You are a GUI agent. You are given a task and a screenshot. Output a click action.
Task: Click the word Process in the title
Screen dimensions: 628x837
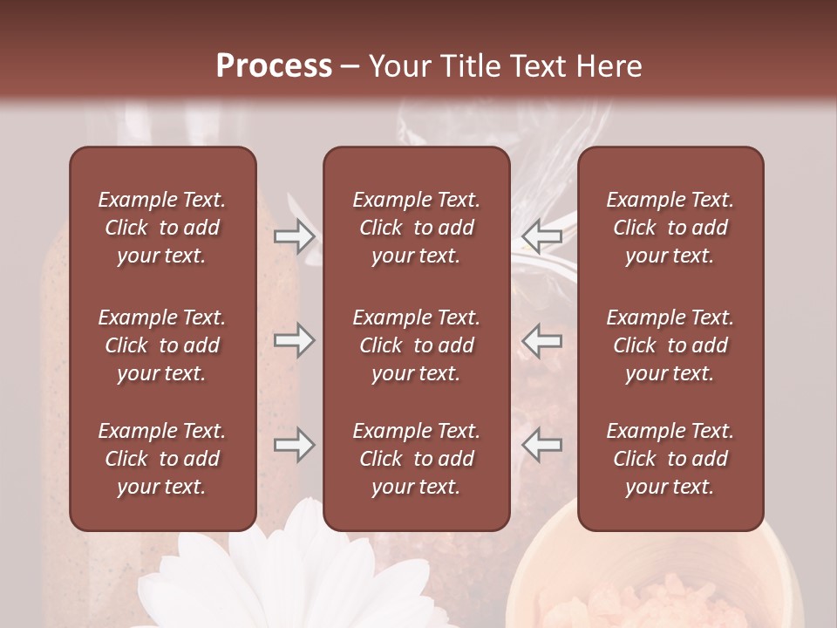pyautogui.click(x=274, y=66)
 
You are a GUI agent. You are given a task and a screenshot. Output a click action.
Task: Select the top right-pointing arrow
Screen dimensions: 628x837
pyautogui.click(x=295, y=235)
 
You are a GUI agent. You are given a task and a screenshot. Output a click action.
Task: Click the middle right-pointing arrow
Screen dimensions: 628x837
pyautogui.click(x=295, y=340)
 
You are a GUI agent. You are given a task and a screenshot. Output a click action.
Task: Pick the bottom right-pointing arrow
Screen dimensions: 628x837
pyautogui.click(x=295, y=445)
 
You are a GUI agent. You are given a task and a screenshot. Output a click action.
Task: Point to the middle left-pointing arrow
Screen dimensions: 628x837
pyautogui.click(x=541, y=340)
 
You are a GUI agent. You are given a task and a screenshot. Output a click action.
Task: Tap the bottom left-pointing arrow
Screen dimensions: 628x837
pyautogui.click(x=541, y=445)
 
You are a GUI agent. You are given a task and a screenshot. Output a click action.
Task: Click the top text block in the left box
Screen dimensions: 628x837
pyautogui.click(x=162, y=228)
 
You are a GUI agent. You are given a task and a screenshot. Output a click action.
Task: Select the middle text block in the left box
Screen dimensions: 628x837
pyautogui.click(x=162, y=345)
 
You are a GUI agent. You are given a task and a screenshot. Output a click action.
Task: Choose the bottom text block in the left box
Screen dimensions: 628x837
pyautogui.click(x=162, y=459)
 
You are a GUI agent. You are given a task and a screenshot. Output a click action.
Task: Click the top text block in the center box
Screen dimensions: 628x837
pyautogui.click(x=416, y=228)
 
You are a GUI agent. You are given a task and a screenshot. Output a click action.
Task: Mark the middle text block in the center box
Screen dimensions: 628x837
pyautogui.click(x=416, y=345)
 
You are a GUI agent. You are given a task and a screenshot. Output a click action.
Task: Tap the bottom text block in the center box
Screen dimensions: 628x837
pyautogui.click(x=416, y=459)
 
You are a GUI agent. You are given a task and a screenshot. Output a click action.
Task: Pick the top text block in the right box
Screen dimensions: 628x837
pyautogui.click(x=670, y=228)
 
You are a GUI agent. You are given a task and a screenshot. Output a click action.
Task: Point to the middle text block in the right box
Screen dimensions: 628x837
pyautogui.click(x=670, y=345)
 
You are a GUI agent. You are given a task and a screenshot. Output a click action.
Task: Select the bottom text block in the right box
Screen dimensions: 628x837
pyautogui.click(x=670, y=459)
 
